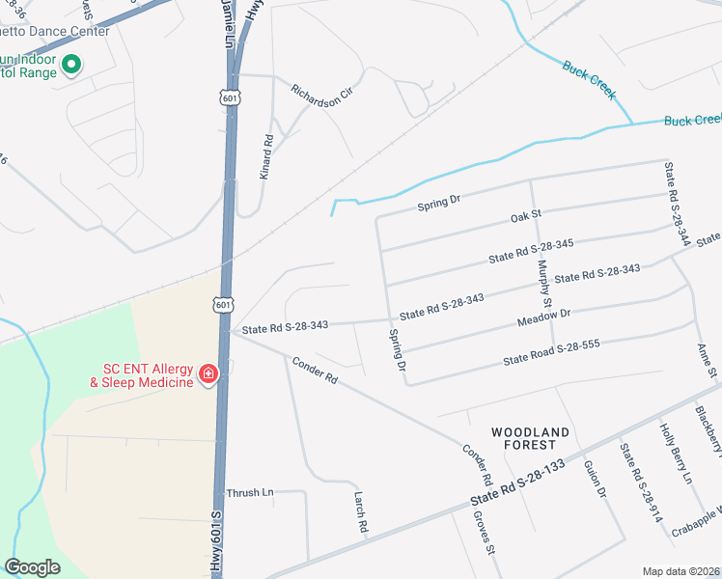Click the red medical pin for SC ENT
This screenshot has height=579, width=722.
point(208,373)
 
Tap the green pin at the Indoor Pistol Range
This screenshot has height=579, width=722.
point(69,66)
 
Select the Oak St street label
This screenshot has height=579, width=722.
point(527,218)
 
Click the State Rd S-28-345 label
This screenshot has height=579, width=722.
point(531,251)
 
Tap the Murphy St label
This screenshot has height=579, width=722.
point(544,283)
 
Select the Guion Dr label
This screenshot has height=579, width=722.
point(594,479)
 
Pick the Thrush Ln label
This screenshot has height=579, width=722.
point(250,492)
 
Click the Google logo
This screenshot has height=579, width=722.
point(32,567)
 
